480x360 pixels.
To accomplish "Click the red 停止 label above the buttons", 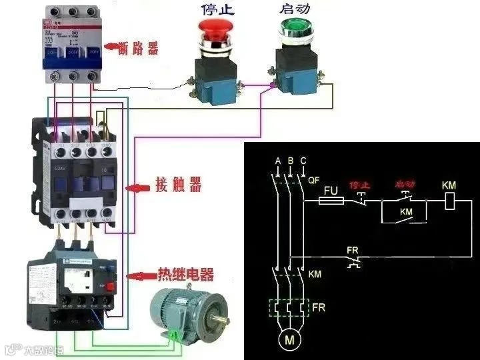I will point(216,9).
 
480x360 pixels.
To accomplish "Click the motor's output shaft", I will point(219,323).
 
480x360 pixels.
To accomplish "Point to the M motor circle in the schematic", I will point(290,340).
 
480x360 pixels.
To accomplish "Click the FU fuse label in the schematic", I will point(331,190).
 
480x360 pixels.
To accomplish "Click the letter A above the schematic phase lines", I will point(278,161).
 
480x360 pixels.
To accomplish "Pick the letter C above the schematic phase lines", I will point(303,161).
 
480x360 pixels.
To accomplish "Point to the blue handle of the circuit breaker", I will point(71,62).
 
